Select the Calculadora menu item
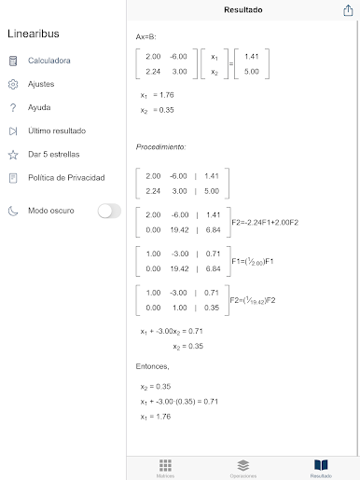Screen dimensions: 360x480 (48, 61)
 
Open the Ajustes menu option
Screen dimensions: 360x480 (41, 84)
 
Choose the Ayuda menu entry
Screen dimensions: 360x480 (39, 107)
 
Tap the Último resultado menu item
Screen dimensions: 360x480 (57, 130)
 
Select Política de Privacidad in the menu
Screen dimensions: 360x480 (65, 177)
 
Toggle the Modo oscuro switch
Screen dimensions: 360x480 (109, 211)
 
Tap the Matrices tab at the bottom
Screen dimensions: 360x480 (165, 467)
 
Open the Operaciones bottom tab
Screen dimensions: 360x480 (242, 467)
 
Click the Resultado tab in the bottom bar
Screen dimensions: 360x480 (321, 467)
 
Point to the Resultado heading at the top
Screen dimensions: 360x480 (242, 10)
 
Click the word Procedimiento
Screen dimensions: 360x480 (160, 147)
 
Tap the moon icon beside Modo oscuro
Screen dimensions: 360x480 (13, 211)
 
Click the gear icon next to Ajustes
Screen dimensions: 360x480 (13, 84)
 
